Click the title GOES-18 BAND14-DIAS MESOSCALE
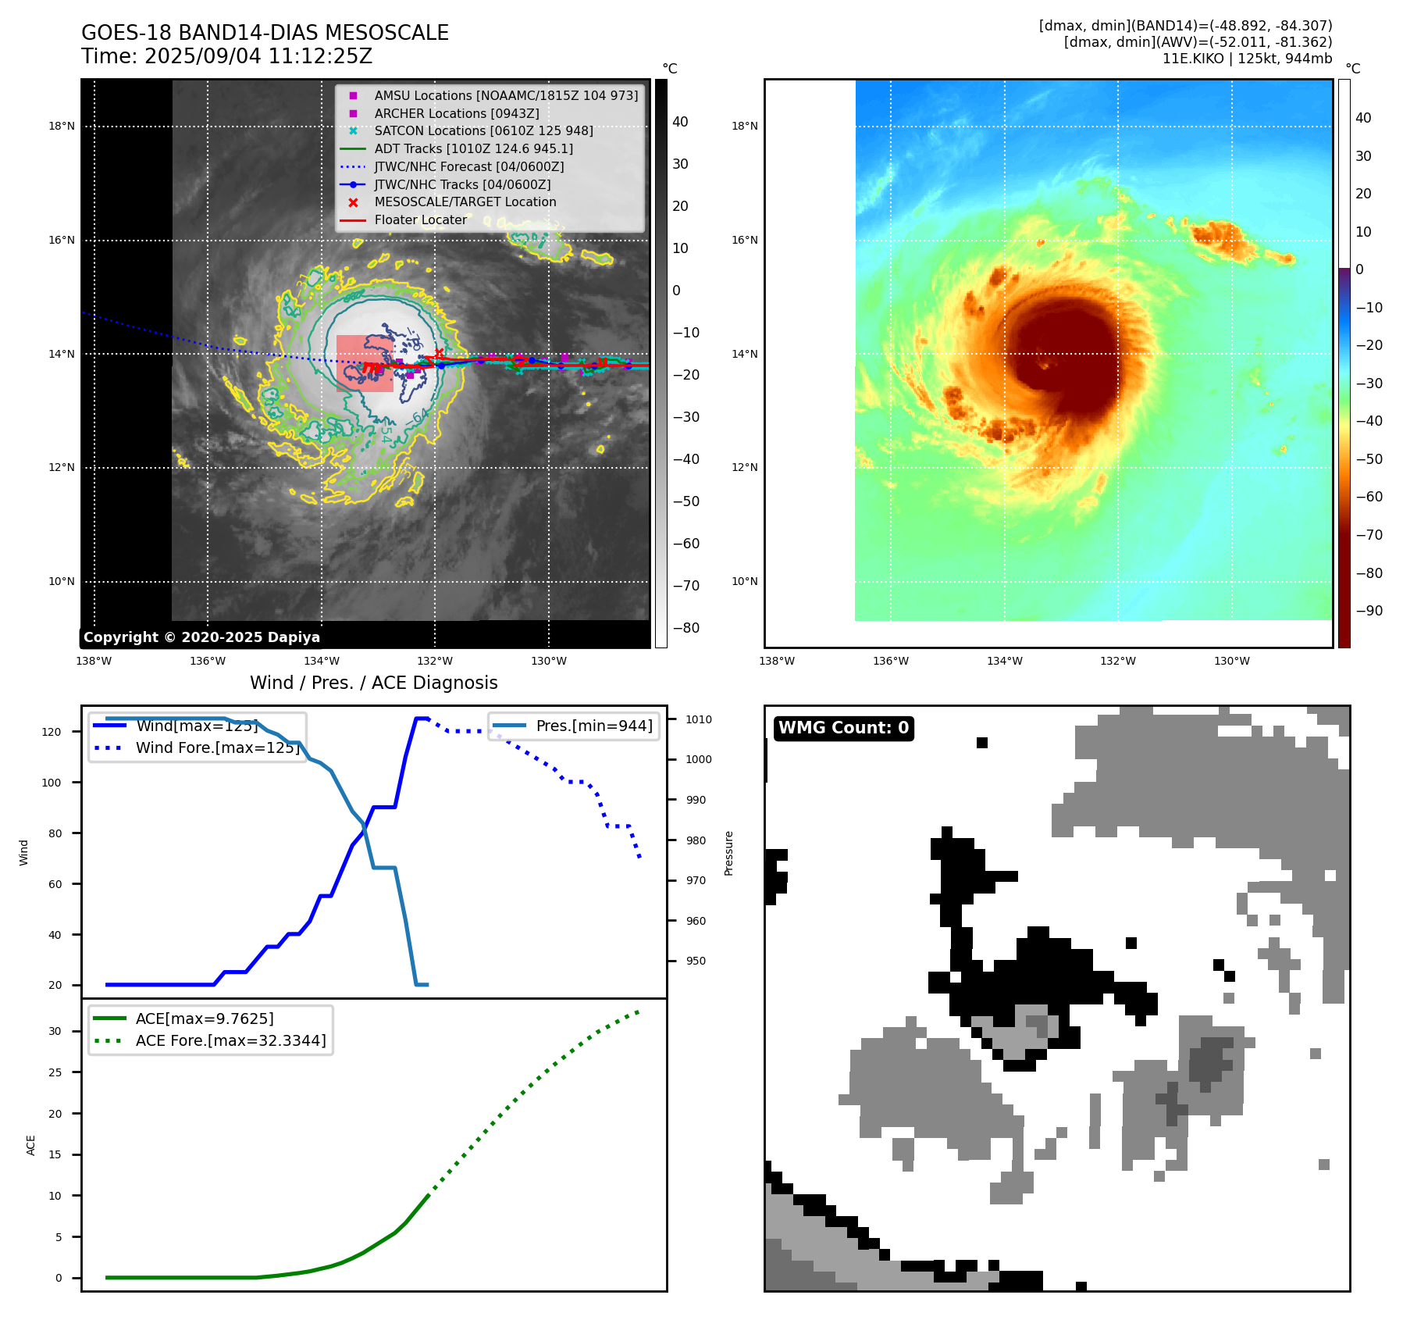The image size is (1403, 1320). click(265, 33)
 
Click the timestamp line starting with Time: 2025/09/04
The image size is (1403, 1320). click(226, 56)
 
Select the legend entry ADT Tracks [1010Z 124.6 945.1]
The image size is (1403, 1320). click(473, 148)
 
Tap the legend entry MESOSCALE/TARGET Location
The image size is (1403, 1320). click(465, 202)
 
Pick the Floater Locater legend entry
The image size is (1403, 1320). click(420, 219)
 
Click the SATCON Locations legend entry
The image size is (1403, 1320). click(483, 130)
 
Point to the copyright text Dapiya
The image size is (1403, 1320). click(201, 637)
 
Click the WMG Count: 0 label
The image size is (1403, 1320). click(843, 728)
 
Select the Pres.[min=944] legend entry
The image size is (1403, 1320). click(593, 726)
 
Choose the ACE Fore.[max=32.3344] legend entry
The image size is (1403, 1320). click(230, 1040)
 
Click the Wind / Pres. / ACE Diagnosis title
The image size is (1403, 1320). click(373, 683)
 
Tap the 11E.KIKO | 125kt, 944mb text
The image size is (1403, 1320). click(1247, 59)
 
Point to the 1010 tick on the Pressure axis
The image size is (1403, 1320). click(699, 719)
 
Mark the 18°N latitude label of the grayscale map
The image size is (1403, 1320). click(62, 127)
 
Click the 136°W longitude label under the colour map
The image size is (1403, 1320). click(890, 661)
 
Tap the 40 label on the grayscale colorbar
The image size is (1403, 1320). click(680, 122)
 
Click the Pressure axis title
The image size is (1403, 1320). click(728, 853)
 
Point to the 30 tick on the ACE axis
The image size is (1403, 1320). click(55, 1031)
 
